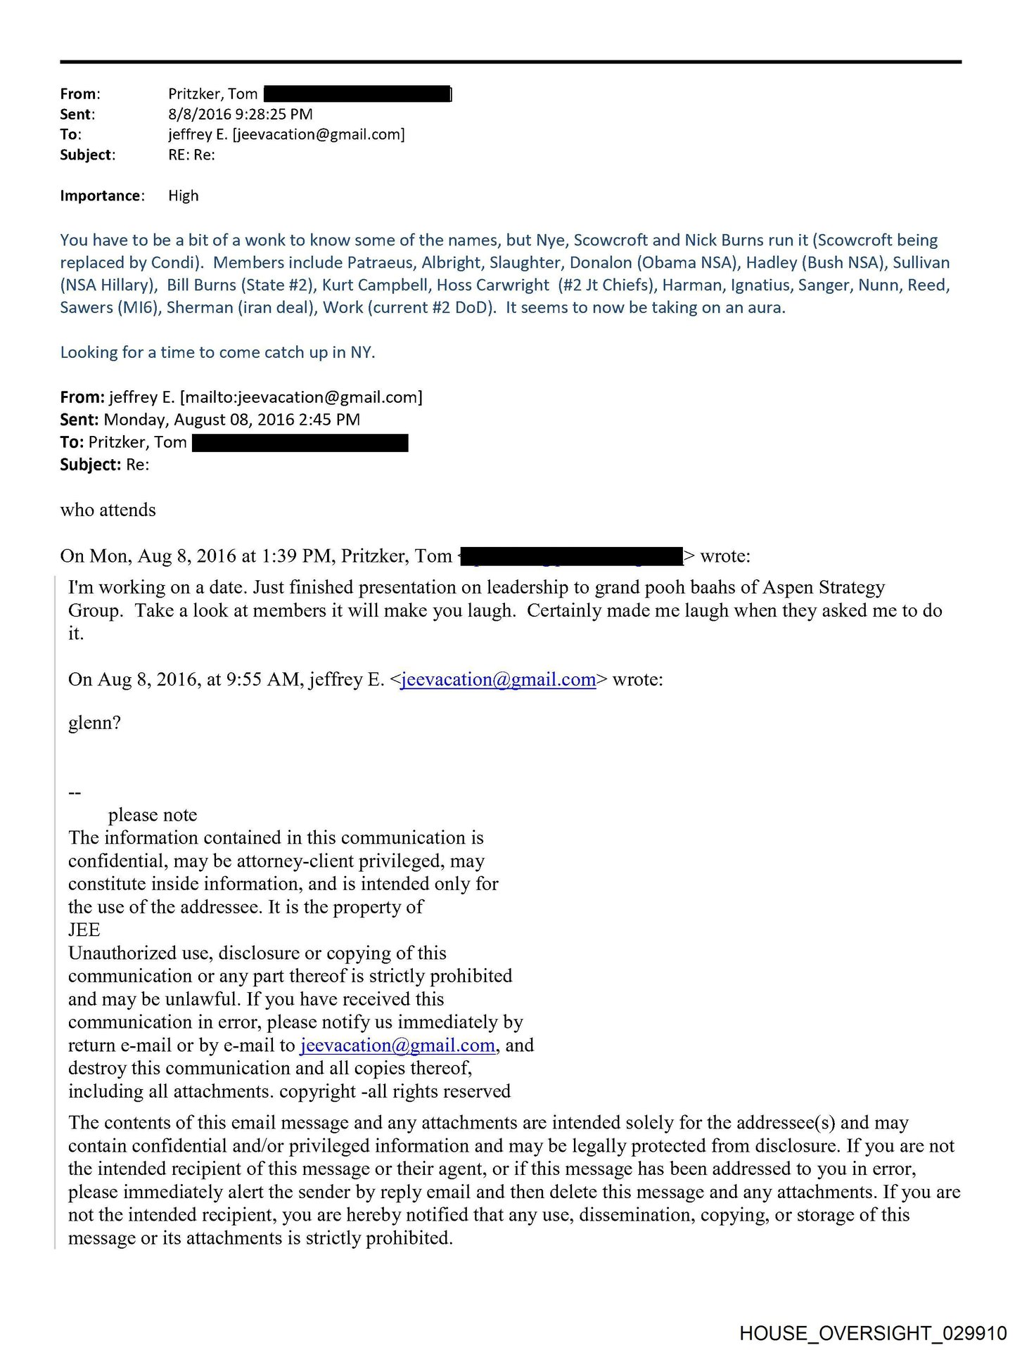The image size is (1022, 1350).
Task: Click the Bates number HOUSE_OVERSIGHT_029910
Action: (873, 1332)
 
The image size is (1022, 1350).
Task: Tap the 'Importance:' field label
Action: (102, 195)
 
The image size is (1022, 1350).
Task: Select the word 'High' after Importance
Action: (184, 195)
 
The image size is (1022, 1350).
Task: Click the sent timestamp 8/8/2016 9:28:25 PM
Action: (240, 114)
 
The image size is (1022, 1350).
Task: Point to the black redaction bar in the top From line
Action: (357, 94)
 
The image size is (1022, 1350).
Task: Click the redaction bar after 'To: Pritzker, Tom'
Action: (300, 442)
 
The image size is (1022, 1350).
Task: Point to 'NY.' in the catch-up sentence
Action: (363, 352)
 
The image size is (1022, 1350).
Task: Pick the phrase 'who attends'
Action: (108, 510)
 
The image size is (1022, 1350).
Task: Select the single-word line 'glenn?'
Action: (94, 723)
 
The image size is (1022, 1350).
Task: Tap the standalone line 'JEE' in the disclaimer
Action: (84, 930)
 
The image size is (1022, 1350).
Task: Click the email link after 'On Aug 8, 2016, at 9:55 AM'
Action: (498, 679)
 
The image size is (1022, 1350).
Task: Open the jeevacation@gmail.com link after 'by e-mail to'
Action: (398, 1045)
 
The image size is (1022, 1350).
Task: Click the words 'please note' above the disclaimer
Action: (153, 815)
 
